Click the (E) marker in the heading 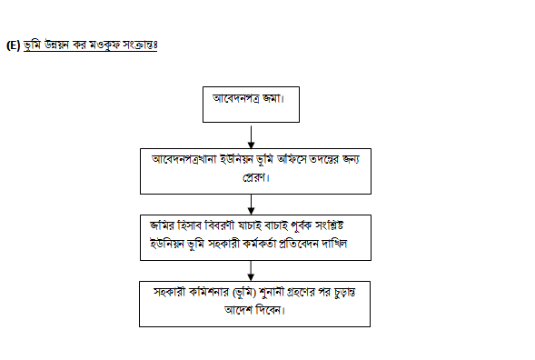click(14, 45)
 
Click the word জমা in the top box click(273, 98)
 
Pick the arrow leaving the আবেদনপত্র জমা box click(251, 137)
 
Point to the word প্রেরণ click(255, 177)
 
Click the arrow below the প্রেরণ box click(251, 205)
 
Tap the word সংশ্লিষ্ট click(329, 225)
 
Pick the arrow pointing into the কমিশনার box click(251, 271)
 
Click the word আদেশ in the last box click(238, 310)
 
